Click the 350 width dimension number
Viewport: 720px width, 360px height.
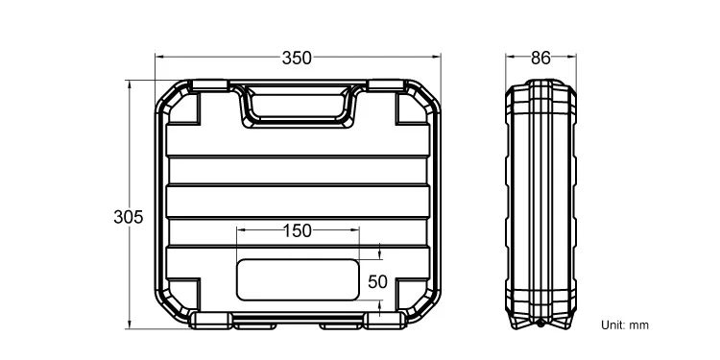coord(297,59)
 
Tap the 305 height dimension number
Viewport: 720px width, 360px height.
coord(129,217)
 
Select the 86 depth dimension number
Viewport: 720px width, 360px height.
coord(540,59)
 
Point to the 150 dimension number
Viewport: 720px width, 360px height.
coord(297,231)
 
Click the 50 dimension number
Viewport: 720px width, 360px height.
coord(377,282)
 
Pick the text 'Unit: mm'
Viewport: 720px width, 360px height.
coord(625,325)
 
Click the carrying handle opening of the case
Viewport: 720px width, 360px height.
coord(298,106)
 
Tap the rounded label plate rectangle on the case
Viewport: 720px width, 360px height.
coord(298,279)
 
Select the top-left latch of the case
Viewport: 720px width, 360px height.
coord(210,84)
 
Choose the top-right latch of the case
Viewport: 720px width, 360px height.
coord(387,84)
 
